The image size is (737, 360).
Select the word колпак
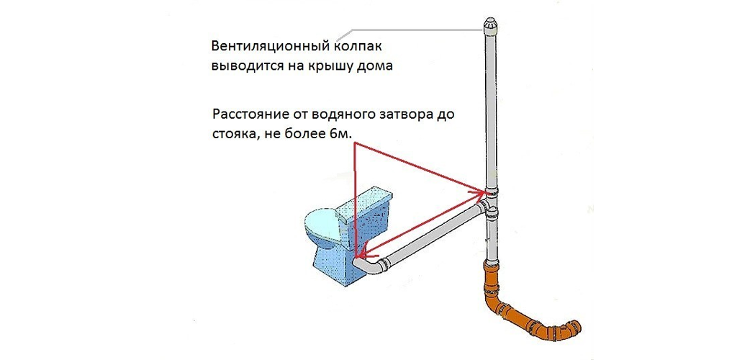tap(356, 47)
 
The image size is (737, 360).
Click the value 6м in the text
tap(346, 133)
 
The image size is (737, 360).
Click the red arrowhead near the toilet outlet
tap(363, 253)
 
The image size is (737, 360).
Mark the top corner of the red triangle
tap(356, 143)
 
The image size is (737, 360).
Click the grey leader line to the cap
tap(403, 29)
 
